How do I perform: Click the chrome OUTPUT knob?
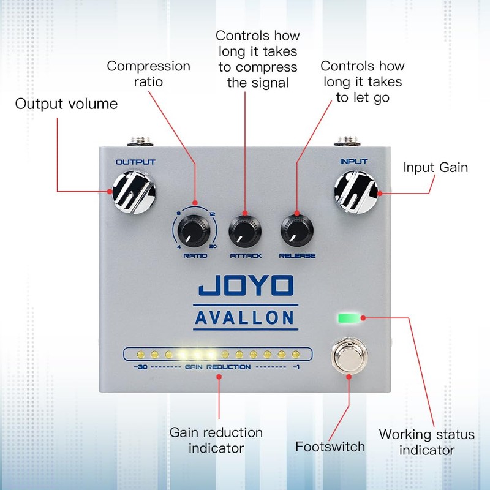pos(134,192)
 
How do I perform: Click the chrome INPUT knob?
pos(356,192)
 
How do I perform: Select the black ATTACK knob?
pos(245,232)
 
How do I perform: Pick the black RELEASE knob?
pos(297,232)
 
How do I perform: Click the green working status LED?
pos(349,318)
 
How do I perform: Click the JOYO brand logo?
pos(246,286)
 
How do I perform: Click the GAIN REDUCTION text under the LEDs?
pos(217,367)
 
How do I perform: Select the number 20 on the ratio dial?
pos(213,246)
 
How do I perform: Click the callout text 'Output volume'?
pos(66,104)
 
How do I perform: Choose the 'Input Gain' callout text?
pos(435,167)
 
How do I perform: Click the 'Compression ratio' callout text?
pos(149,73)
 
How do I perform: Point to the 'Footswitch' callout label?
pos(330,446)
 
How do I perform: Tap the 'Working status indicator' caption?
pos(427,442)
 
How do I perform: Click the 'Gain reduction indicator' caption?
pos(216,440)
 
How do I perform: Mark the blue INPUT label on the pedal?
pos(354,162)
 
